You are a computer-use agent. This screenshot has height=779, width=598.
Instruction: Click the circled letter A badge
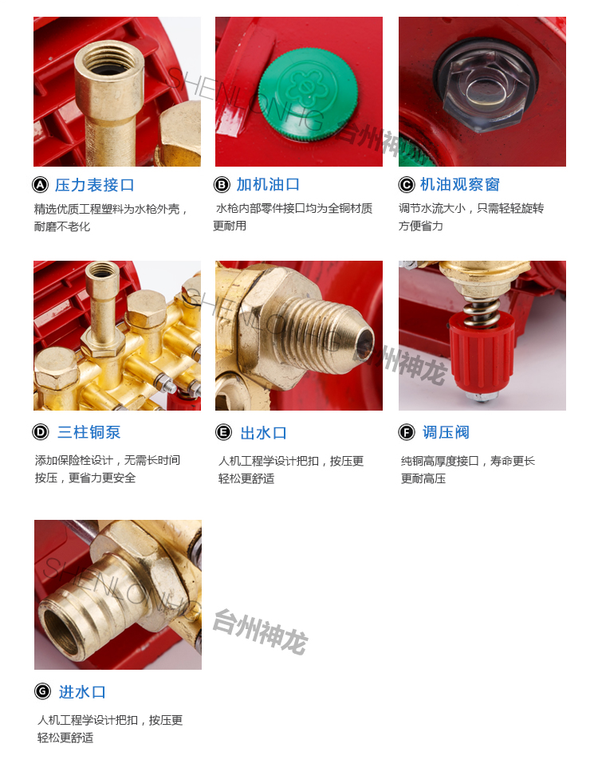click(x=40, y=185)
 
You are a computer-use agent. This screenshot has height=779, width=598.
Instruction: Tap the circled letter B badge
click(x=222, y=185)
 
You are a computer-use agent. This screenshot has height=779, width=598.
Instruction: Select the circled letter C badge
click(x=407, y=185)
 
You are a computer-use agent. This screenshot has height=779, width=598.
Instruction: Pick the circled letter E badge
click(x=223, y=432)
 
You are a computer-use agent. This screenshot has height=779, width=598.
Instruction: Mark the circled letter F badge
click(x=407, y=432)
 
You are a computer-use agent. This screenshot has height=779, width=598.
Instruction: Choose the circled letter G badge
click(x=43, y=691)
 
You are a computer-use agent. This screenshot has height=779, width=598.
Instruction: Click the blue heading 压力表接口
click(x=95, y=185)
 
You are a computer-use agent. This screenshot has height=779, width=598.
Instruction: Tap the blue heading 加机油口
click(x=268, y=184)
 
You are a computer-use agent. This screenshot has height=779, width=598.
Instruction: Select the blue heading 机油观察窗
click(x=460, y=184)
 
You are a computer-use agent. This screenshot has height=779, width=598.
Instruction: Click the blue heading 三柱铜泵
click(x=89, y=432)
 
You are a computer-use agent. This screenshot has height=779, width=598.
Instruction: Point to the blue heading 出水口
click(x=264, y=433)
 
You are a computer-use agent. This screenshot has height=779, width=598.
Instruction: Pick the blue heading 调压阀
click(x=446, y=432)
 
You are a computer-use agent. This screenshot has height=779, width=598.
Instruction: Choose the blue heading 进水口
click(x=82, y=691)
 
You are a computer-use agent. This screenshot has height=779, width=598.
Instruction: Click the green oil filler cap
click(x=308, y=94)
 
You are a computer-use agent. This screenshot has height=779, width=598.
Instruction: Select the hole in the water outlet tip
click(x=366, y=344)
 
